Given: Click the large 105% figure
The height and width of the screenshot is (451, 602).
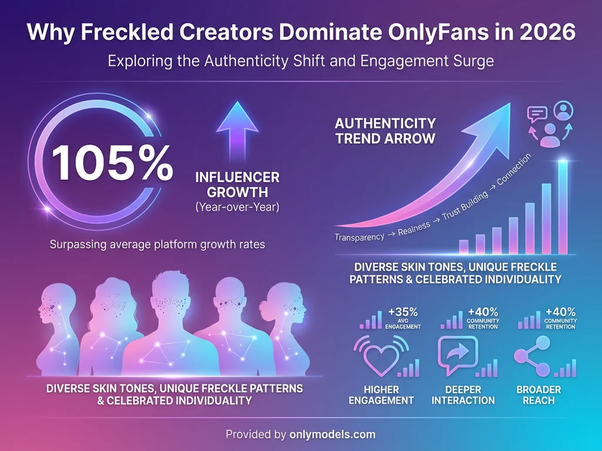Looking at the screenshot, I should (112, 162).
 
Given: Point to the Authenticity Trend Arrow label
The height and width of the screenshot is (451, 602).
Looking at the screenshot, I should (385, 131).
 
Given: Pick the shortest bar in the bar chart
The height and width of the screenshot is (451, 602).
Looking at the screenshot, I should (463, 247).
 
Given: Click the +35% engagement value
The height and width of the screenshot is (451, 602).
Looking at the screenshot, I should (403, 312).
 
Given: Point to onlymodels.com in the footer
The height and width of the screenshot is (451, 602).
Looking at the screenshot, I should (333, 435).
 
